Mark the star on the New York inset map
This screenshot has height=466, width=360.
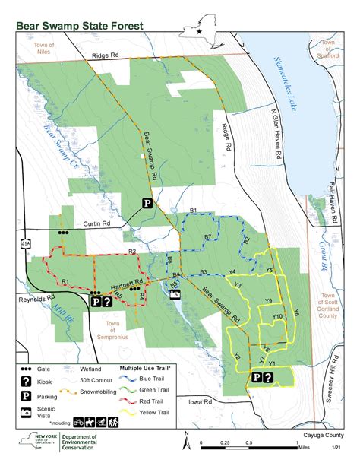(199, 32)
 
